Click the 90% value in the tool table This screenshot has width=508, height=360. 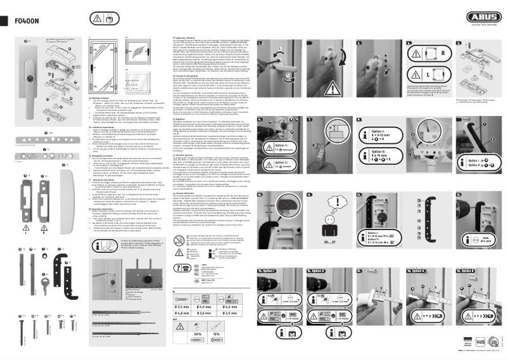[198, 333]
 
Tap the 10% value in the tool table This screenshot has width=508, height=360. [215, 333]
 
